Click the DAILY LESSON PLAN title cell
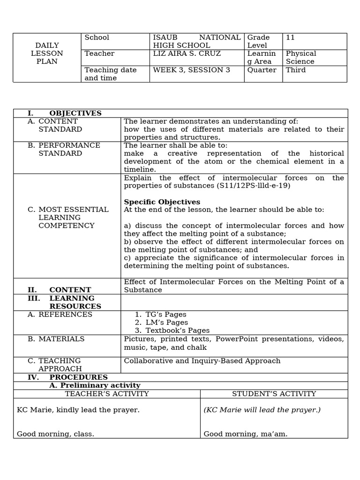point(47,53)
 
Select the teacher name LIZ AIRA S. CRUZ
point(187,53)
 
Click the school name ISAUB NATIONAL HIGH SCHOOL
point(196,41)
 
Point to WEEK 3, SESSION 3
point(191,70)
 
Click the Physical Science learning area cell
point(301,58)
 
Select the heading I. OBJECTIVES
point(65,113)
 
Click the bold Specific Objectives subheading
point(162,202)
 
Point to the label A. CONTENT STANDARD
point(55,125)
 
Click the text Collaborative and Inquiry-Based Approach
point(202,361)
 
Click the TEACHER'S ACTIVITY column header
point(107,394)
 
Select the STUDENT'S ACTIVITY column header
point(274,394)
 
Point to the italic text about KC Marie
point(262,410)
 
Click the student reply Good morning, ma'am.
point(246,434)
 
